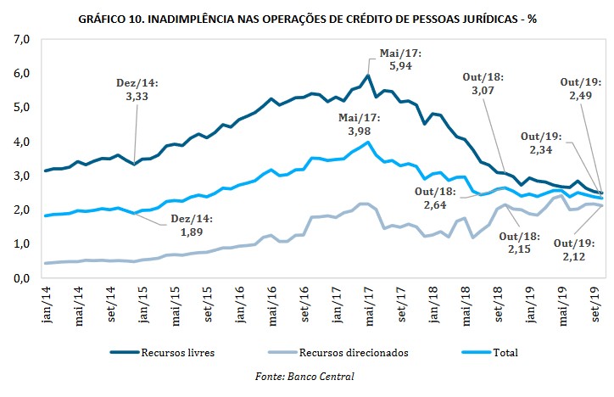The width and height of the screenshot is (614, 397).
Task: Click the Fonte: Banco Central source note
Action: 307,374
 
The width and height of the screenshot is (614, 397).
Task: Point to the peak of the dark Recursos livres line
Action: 367,75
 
